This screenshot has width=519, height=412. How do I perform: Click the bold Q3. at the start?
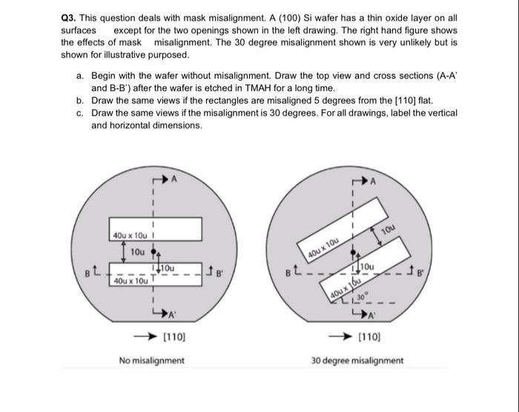tap(70, 19)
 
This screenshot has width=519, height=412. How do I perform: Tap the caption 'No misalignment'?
tap(152, 361)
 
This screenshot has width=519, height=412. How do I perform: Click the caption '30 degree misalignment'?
tap(357, 361)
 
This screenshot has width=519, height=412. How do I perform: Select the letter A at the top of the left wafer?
tap(174, 179)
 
